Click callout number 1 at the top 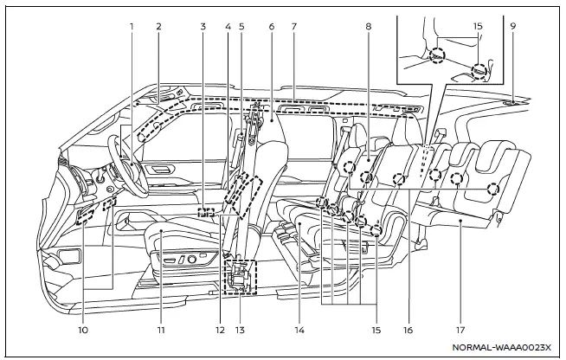coord(132,26)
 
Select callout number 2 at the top coord(159,26)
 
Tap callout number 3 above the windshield coord(202,26)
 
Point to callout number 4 coord(228,26)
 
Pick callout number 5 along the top coord(241,26)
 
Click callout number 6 coord(271,26)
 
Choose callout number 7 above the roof coord(294,26)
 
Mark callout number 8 coord(368,26)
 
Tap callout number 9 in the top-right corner coord(513,26)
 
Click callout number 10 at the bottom coord(84,330)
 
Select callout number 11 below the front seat coord(161,330)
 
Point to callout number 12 coord(222,330)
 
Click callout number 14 coord(299,330)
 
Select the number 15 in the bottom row coord(374,330)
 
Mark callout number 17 coord(459,330)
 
